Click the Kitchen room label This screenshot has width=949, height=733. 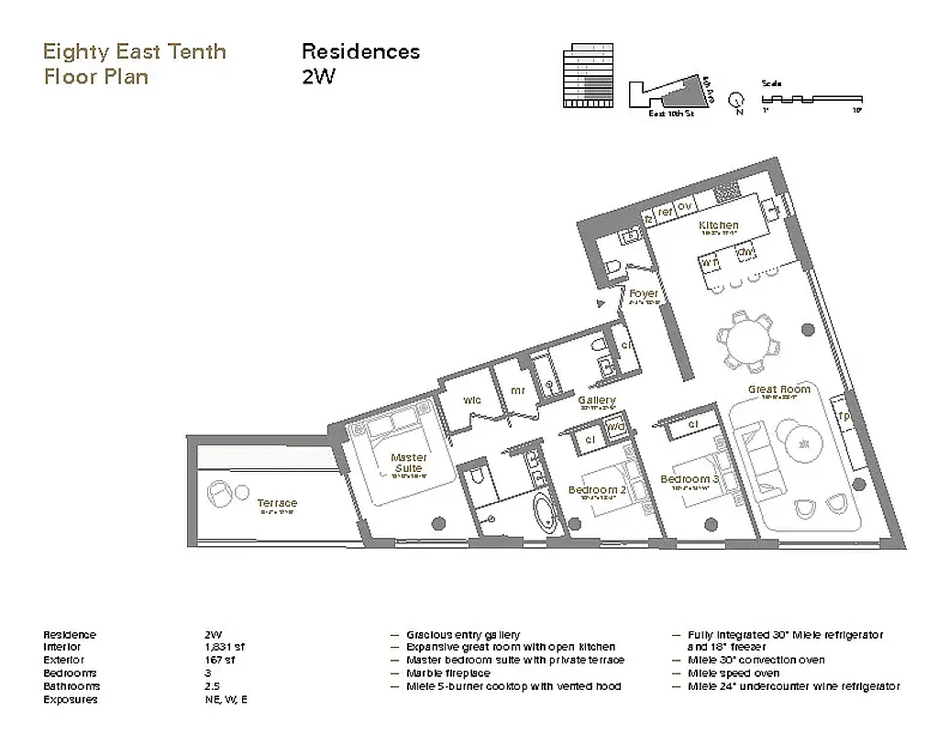point(718,225)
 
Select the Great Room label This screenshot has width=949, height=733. point(779,389)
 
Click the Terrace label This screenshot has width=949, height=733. point(277,503)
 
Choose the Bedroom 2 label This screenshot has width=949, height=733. point(597,490)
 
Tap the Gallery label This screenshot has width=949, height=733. point(596,400)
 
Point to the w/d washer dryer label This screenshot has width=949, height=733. point(615,426)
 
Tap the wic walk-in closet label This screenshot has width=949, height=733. point(472,400)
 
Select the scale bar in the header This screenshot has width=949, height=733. point(811,96)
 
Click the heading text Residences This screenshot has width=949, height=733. point(360,51)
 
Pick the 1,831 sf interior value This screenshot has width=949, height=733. point(226,647)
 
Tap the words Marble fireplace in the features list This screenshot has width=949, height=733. point(447,673)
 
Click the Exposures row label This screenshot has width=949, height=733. point(70,699)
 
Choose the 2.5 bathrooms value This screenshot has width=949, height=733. point(214,686)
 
